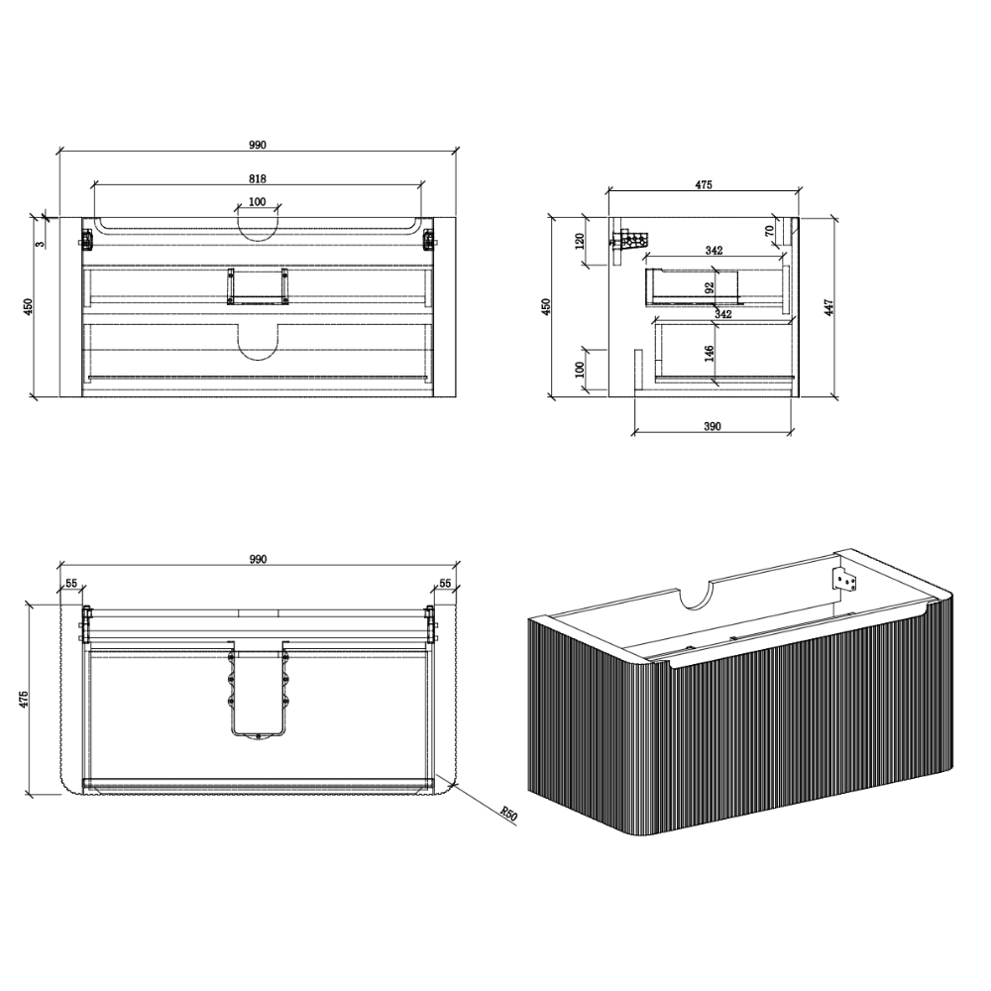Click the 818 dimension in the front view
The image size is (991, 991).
click(258, 178)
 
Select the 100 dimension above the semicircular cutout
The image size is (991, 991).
click(258, 202)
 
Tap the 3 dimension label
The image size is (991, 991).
click(41, 244)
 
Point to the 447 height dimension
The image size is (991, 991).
click(829, 308)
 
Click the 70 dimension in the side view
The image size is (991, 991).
click(769, 231)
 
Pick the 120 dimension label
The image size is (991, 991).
click(580, 242)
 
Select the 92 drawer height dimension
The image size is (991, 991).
click(710, 288)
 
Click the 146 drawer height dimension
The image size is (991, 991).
click(710, 354)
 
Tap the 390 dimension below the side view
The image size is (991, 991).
click(713, 426)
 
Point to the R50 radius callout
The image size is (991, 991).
click(508, 814)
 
